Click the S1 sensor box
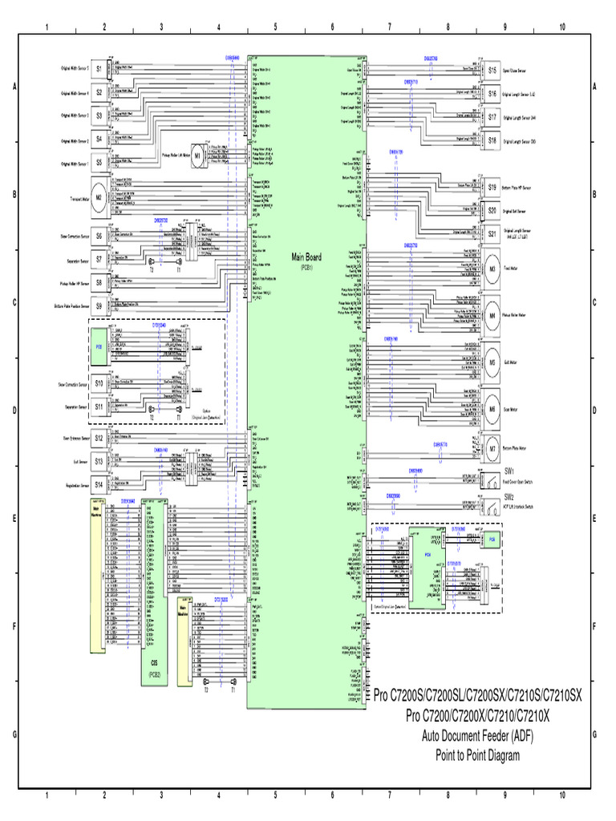[x=99, y=70]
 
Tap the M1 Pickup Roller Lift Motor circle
[x=197, y=157]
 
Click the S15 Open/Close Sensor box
[x=492, y=71]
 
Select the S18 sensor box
[x=492, y=140]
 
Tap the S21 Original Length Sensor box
[x=492, y=234]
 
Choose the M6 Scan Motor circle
[x=492, y=409]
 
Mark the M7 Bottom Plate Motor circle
[x=492, y=448]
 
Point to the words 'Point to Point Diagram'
[x=477, y=754]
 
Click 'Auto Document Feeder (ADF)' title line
[x=477, y=735]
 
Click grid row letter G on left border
[x=14, y=734]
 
